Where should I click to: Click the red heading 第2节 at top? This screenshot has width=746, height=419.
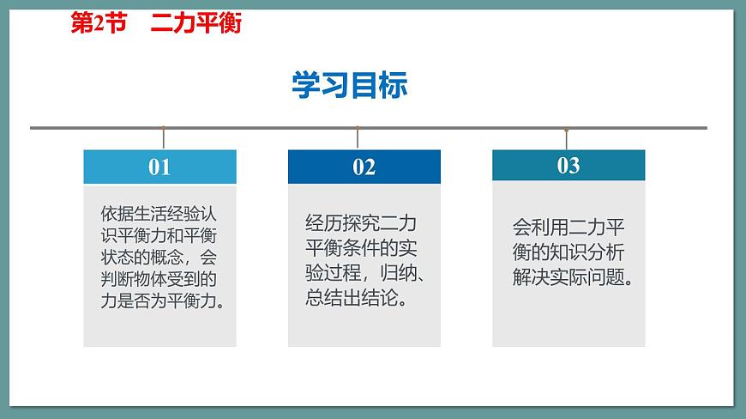tap(98, 24)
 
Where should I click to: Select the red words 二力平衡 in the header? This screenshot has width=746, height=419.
tap(196, 24)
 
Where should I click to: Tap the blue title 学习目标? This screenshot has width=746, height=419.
tap(350, 85)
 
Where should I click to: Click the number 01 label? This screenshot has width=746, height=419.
tap(159, 167)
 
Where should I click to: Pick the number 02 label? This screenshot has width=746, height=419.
tap(364, 167)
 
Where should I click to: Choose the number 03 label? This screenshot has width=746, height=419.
tap(569, 165)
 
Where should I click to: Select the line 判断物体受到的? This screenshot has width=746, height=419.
tap(159, 279)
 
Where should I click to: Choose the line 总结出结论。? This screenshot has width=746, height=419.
tap(355, 300)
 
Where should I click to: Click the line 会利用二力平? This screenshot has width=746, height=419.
tap(569, 228)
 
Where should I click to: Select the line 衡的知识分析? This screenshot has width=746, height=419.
tap(569, 253)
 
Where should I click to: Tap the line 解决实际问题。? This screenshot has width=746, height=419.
tap(572, 278)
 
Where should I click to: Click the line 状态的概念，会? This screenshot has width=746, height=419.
tap(159, 257)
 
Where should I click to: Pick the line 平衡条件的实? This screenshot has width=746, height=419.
tap(360, 251)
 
